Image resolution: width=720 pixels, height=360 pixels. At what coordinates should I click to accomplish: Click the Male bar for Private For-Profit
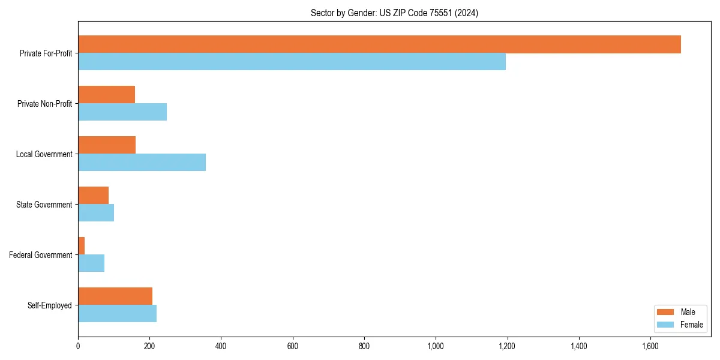tap(379, 44)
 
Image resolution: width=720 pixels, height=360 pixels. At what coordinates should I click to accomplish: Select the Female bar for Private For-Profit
tap(292, 62)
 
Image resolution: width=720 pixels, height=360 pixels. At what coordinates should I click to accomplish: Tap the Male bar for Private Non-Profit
tap(106, 95)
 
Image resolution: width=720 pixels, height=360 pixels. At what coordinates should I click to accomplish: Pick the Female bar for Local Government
tap(142, 163)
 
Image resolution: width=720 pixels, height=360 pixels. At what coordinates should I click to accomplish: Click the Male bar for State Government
tap(93, 196)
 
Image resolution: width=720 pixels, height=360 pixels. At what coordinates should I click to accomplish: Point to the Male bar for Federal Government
tap(82, 246)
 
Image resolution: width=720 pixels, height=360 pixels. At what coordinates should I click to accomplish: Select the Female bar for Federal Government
tap(91, 263)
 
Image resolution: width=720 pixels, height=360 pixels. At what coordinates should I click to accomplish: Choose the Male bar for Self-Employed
tap(115, 296)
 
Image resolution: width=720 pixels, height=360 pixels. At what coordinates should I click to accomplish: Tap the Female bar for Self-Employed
tap(117, 314)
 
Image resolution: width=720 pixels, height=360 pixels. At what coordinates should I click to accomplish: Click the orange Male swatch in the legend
tap(666, 312)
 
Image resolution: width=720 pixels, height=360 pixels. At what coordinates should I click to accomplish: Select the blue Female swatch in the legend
tap(666, 325)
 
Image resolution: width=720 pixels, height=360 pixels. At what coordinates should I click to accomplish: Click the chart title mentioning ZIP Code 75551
tap(394, 13)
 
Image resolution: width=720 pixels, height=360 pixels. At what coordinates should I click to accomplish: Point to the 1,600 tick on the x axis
tap(650, 346)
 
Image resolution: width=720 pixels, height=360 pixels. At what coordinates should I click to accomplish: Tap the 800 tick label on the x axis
tap(364, 346)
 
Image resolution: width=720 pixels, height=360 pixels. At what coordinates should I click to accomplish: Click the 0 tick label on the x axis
tap(78, 346)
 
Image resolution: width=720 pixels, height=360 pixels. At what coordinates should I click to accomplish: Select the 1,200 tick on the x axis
tap(507, 346)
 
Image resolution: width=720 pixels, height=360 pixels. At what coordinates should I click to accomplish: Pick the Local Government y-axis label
tap(44, 154)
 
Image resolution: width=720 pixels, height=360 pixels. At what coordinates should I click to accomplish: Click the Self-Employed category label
tap(49, 305)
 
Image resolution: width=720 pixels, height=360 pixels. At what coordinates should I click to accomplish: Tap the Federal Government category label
tap(41, 255)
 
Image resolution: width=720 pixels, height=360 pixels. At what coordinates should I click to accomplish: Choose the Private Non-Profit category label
tap(44, 104)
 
